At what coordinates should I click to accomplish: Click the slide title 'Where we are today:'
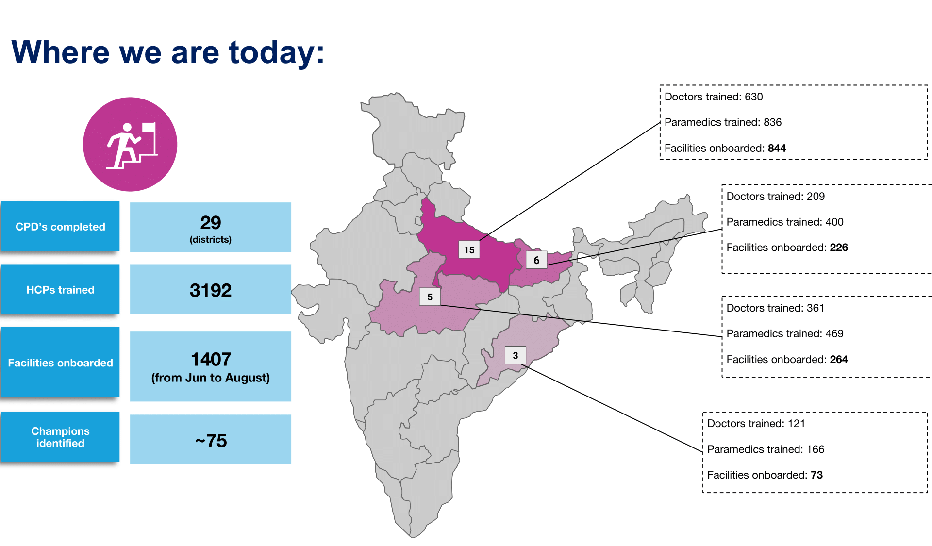(x=167, y=52)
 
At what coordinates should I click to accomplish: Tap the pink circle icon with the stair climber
(x=130, y=144)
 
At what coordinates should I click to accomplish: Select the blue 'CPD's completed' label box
(x=60, y=227)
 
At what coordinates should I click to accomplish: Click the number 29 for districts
(x=210, y=223)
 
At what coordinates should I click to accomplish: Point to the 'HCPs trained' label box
(x=60, y=290)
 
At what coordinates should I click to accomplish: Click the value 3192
(x=210, y=290)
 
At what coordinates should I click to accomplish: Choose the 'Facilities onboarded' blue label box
(x=60, y=363)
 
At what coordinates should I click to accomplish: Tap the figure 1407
(x=210, y=360)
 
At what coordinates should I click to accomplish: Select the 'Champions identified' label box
(x=60, y=437)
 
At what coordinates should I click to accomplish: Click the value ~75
(x=210, y=441)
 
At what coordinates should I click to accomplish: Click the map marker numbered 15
(x=469, y=250)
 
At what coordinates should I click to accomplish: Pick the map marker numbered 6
(x=536, y=260)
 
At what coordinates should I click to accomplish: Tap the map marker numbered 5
(x=430, y=297)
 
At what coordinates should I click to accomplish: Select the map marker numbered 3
(x=516, y=355)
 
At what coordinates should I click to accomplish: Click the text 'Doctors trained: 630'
(x=713, y=97)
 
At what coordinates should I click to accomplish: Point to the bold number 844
(x=777, y=148)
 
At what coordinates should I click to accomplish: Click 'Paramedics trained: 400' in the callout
(x=784, y=222)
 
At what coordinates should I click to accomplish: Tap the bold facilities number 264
(x=838, y=359)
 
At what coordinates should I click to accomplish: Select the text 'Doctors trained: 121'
(x=756, y=423)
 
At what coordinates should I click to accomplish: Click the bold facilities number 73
(x=816, y=475)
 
